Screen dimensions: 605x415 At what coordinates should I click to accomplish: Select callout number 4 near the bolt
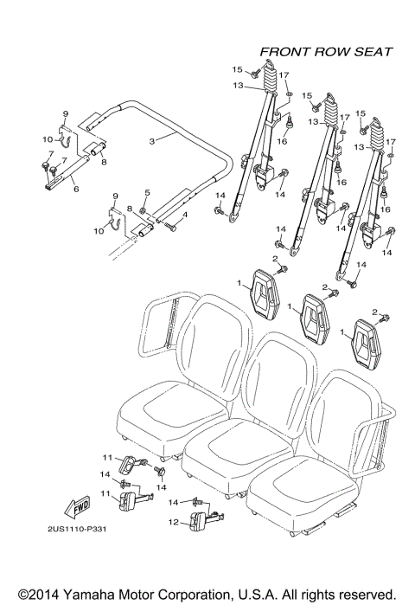pos(183,213)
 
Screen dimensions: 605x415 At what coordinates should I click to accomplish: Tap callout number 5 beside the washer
pos(147,191)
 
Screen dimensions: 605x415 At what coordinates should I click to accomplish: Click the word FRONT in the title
pos(284,52)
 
